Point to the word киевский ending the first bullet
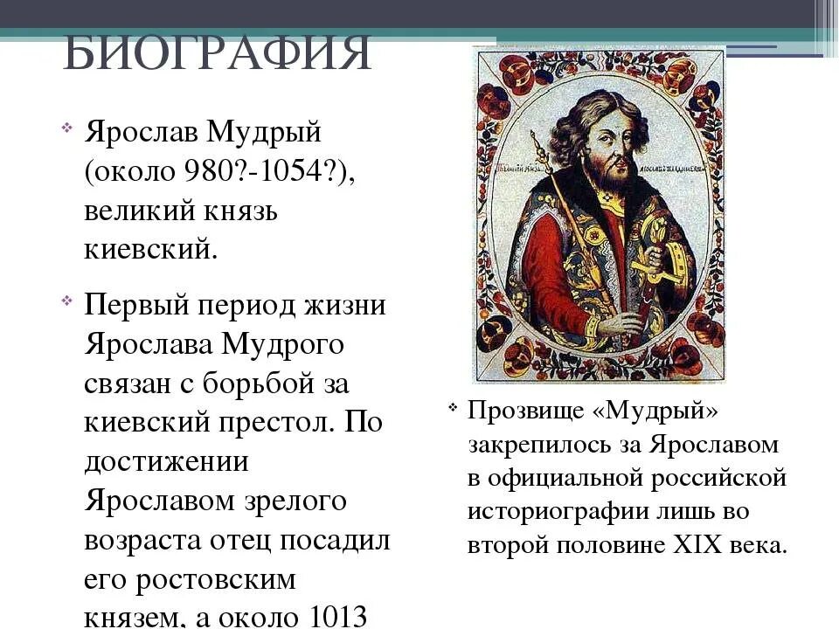[x=149, y=250]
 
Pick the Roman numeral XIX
[x=700, y=545]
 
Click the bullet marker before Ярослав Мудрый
[x=68, y=131]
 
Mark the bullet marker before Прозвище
[x=453, y=408]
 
